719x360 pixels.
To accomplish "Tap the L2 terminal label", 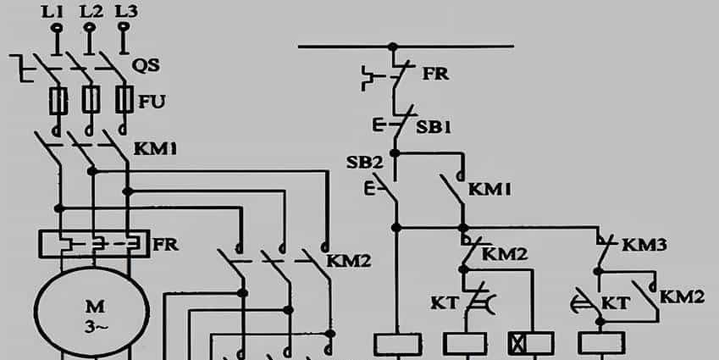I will [91, 11].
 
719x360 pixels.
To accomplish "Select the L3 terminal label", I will [125, 11].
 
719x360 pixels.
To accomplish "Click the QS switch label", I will [147, 64].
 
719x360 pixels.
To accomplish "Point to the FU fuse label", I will [153, 102].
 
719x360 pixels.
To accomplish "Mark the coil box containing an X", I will [520, 343].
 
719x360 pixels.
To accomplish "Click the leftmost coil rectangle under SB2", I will [397, 343].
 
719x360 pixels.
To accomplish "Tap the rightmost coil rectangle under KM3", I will [601, 343].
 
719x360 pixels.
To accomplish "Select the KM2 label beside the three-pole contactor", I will [349, 260].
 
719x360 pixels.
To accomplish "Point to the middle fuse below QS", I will [91, 101].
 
